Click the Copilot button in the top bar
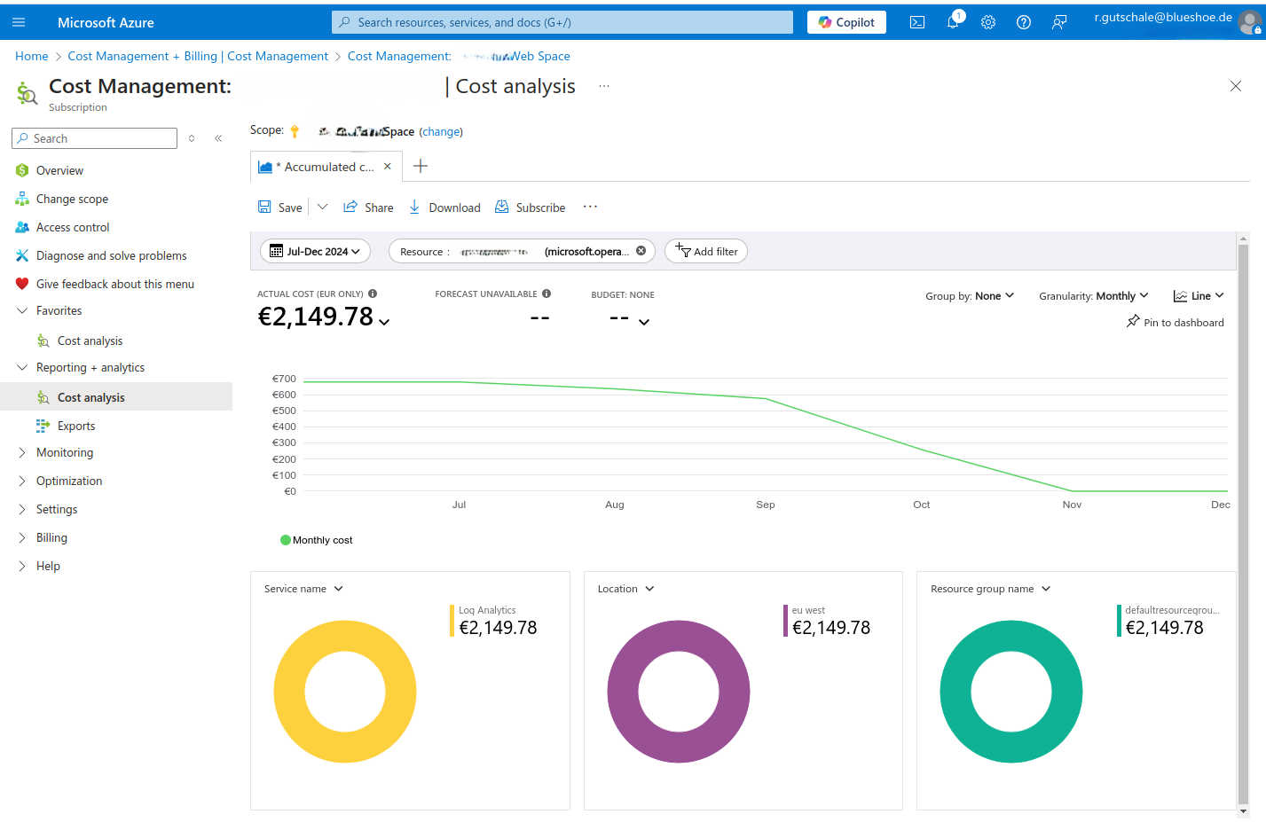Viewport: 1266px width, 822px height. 846,22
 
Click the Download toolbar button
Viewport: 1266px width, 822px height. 444,207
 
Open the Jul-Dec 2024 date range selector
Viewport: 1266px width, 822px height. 315,252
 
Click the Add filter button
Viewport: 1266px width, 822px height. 706,252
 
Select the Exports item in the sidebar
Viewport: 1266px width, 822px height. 76,427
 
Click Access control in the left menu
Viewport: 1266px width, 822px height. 73,228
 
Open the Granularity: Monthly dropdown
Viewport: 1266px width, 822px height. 1093,296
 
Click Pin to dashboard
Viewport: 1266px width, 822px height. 1175,323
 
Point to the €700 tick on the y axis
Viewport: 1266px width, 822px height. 284,380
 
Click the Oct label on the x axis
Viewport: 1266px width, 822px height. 921,505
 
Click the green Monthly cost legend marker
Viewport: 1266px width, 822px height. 286,540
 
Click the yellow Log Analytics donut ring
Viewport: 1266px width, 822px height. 289,692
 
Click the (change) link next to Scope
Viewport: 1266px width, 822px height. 441,132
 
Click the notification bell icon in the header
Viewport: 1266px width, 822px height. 953,23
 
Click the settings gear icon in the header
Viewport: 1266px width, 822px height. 988,23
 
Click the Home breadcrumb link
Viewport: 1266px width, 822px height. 32,56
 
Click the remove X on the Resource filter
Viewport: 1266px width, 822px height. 641,251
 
